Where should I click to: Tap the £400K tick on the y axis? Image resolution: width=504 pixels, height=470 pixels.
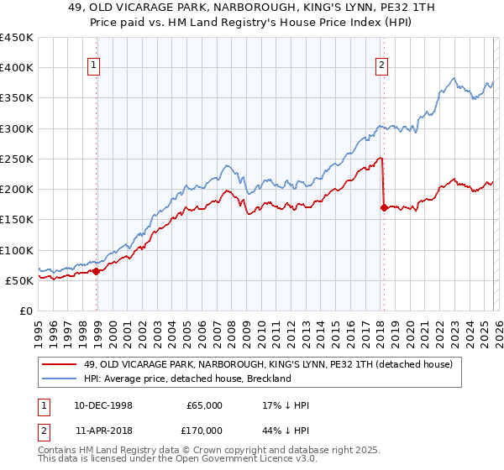17,68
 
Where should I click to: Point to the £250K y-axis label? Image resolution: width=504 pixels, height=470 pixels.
17,159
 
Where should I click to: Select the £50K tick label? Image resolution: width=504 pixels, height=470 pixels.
20,280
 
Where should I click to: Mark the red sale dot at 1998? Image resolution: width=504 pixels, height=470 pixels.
97,271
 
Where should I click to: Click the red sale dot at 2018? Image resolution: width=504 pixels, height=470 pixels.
384,207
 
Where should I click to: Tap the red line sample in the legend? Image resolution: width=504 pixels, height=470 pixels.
60,364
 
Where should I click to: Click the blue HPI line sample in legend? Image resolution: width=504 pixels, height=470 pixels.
60,379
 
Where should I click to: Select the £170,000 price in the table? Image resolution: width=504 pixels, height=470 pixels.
205,430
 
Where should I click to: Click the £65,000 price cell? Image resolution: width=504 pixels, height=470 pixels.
205,405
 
